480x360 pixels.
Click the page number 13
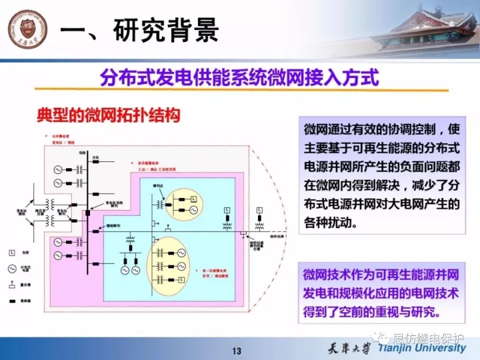pos(237,351)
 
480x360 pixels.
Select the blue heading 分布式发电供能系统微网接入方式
pos(239,78)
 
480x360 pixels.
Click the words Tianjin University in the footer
pos(421,348)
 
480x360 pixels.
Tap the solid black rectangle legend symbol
pos(12,301)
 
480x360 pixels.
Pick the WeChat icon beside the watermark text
pos(383,337)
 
